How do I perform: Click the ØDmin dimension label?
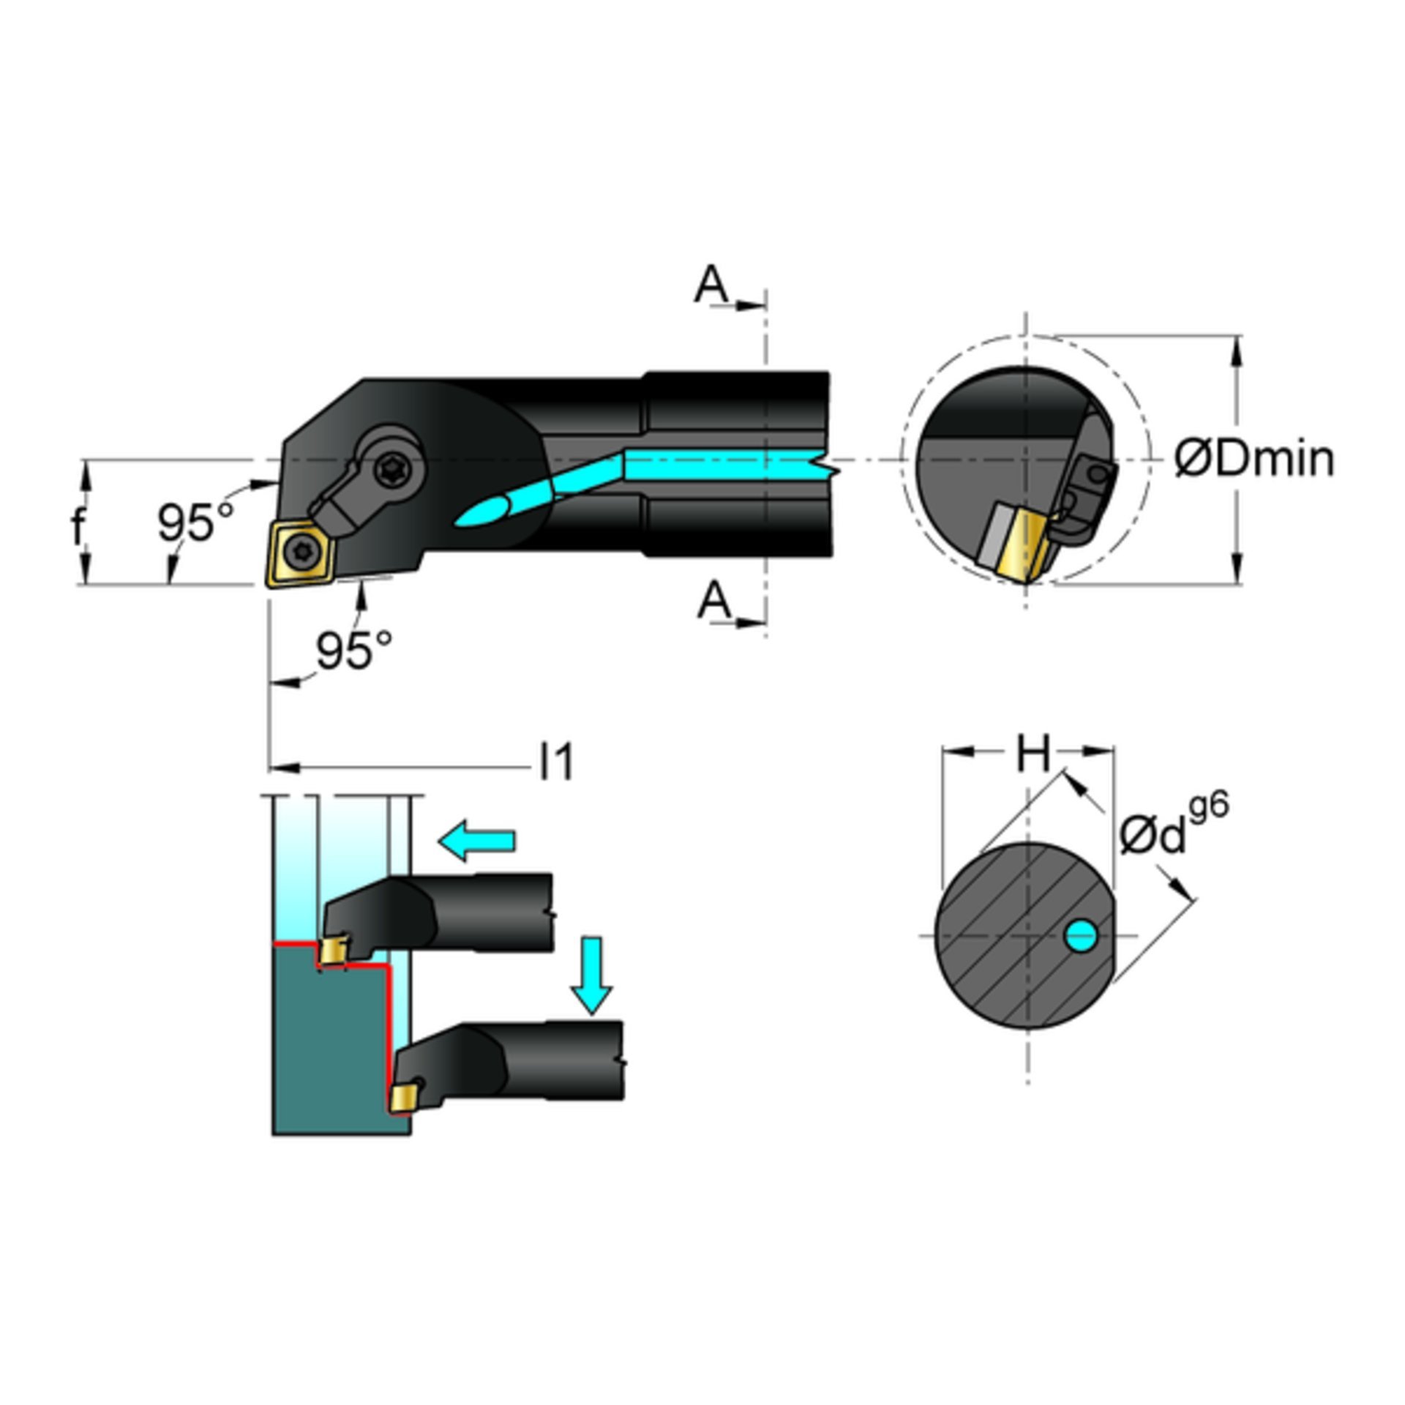[1254, 460]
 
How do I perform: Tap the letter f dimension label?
[78, 525]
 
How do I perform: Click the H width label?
[1033, 754]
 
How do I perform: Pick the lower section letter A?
[714, 602]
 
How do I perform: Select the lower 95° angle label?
[354, 650]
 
